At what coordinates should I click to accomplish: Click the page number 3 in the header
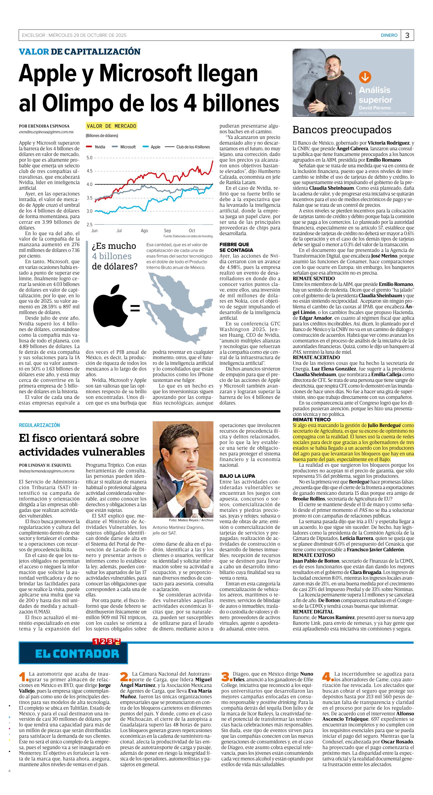click(407, 35)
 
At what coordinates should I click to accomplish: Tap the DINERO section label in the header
click(389, 35)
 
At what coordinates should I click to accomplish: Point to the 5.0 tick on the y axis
click(89, 158)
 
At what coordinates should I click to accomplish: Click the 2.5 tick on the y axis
click(89, 225)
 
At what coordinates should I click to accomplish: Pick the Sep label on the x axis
click(167, 231)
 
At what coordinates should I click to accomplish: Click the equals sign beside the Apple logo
click(135, 308)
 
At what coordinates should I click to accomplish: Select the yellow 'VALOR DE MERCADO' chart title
click(111, 126)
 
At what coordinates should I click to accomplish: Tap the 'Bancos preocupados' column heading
click(342, 130)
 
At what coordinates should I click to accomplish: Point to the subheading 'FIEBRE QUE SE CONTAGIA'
click(236, 247)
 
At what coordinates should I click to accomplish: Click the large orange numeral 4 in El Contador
click(326, 676)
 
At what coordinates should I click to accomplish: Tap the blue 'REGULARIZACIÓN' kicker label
click(39, 425)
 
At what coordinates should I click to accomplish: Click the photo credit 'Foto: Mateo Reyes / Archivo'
click(191, 520)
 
